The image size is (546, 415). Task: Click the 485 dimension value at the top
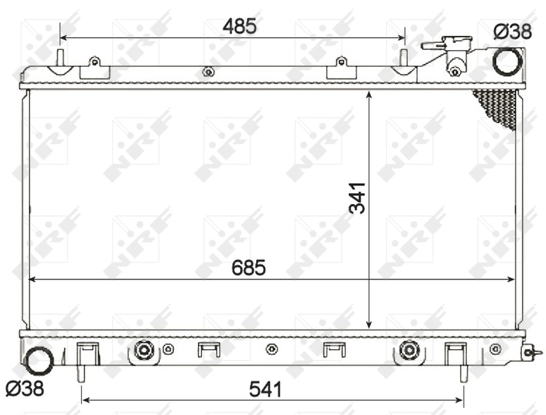click(x=239, y=26)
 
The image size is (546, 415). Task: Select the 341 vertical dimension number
click(x=357, y=197)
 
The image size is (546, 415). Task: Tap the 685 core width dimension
click(x=249, y=268)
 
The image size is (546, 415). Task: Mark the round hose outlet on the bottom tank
click(x=38, y=358)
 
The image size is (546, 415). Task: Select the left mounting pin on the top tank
click(x=60, y=58)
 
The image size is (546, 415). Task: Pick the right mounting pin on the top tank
click(x=403, y=58)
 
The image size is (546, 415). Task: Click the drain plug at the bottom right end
click(x=529, y=352)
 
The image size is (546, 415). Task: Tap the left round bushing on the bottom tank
click(x=143, y=350)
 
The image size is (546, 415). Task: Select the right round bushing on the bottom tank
click(x=409, y=350)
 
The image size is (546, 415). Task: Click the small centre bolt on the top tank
click(x=207, y=71)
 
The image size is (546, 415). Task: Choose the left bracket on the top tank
click(x=95, y=68)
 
